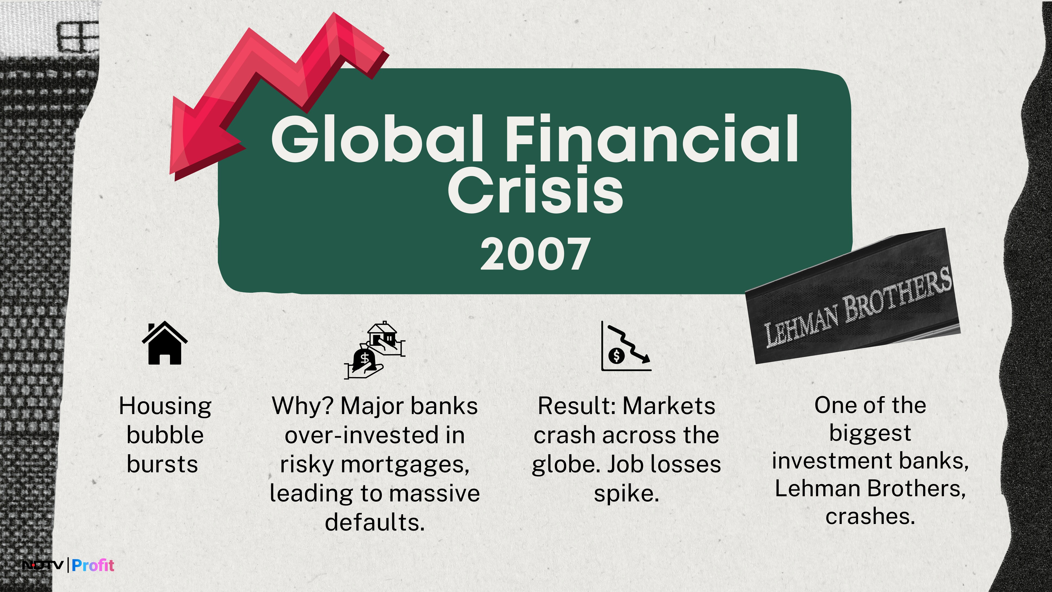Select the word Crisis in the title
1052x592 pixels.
click(536, 190)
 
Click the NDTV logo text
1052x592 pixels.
click(43, 565)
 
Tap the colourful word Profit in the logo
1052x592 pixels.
click(93, 565)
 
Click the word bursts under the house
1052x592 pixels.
click(163, 464)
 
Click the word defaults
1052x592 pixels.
click(375, 522)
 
